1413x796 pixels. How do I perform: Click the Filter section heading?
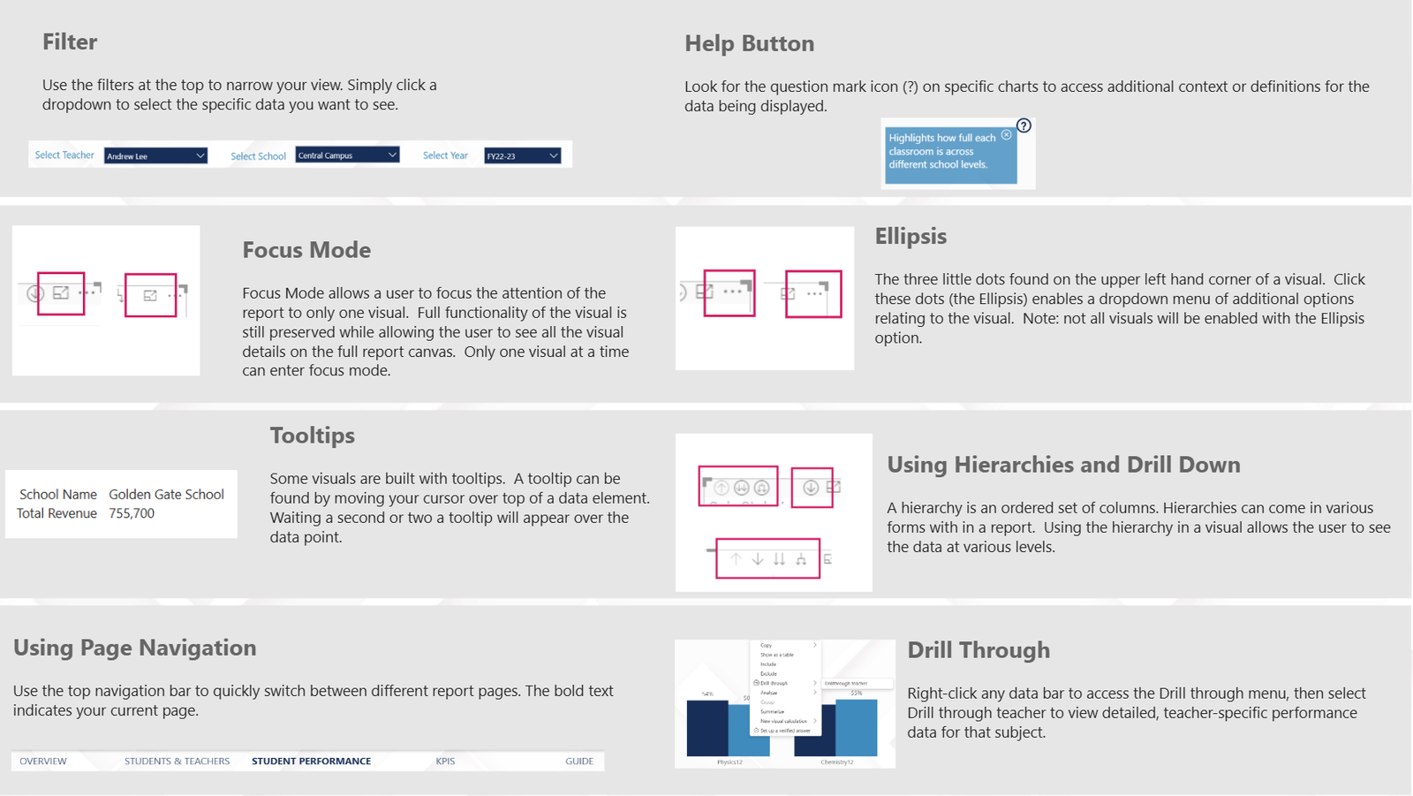click(x=70, y=42)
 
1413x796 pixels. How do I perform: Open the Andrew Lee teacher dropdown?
click(x=155, y=156)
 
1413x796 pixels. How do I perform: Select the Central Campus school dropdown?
click(x=347, y=155)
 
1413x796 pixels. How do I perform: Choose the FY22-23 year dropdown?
click(x=522, y=156)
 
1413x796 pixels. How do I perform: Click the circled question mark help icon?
click(x=1024, y=125)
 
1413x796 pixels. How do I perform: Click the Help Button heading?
click(x=749, y=43)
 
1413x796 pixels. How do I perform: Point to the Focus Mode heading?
click(x=306, y=250)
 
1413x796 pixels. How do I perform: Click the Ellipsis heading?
click(x=911, y=237)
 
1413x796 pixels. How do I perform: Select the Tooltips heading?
click(x=312, y=436)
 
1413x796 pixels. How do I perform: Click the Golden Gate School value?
click(x=166, y=495)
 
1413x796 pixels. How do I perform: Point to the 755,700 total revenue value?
click(x=132, y=513)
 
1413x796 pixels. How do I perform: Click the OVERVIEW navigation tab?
click(x=43, y=762)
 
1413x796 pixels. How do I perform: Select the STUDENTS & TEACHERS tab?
click(x=177, y=762)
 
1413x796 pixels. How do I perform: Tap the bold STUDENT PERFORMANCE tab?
click(x=311, y=762)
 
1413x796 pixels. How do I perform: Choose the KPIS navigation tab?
click(x=445, y=762)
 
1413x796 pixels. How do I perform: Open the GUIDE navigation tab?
click(x=579, y=762)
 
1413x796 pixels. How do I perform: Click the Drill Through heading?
click(x=979, y=650)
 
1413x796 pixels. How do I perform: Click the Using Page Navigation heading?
click(x=135, y=648)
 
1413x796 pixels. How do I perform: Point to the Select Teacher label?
click(x=64, y=155)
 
